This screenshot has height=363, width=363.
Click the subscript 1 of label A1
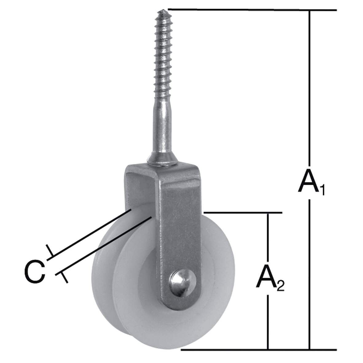322,190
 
